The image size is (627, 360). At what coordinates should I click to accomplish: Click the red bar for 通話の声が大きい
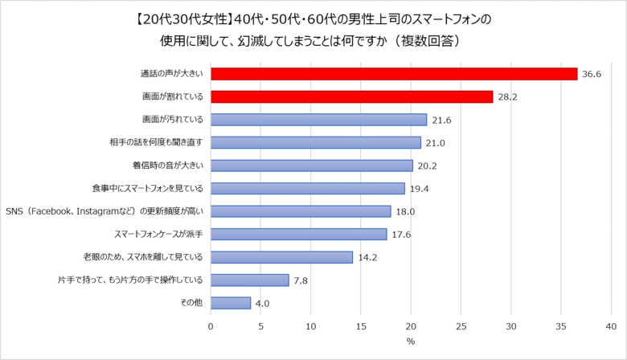394,74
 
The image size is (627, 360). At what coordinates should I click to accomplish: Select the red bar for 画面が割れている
351,96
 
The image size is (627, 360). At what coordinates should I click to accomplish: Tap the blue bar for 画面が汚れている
318,120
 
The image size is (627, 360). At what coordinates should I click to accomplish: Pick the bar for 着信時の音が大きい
311,166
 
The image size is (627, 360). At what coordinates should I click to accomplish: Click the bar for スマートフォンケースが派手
298,235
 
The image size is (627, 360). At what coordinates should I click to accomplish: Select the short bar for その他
231,303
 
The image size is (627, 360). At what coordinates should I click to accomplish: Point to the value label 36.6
593,74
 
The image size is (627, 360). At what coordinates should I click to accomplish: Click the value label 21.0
436,143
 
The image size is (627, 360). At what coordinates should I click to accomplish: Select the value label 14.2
368,258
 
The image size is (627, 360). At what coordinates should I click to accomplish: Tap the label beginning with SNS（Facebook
104,211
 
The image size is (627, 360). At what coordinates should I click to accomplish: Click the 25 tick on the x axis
461,327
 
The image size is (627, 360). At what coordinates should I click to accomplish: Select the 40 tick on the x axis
612,327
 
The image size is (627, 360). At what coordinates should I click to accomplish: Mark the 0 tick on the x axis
211,327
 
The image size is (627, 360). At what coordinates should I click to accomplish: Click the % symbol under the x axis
410,342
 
